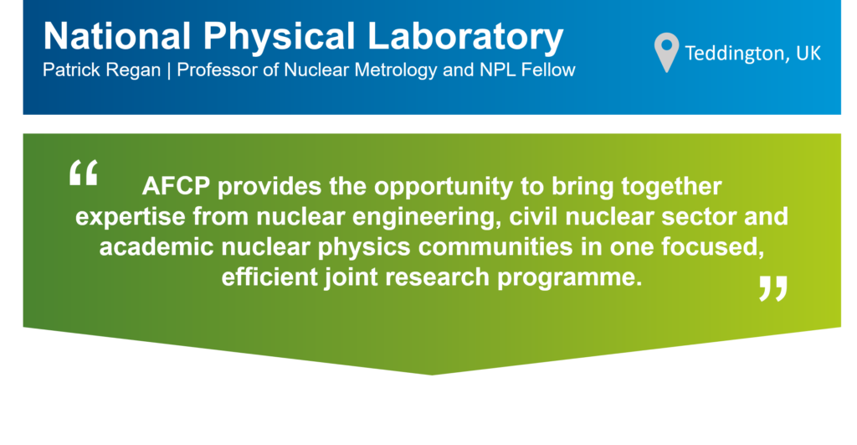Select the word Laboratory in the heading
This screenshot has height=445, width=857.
tap(464, 37)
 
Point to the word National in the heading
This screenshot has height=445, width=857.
tap(117, 36)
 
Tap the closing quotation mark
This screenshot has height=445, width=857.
tap(772, 288)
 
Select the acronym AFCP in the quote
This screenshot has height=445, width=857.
tap(176, 187)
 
